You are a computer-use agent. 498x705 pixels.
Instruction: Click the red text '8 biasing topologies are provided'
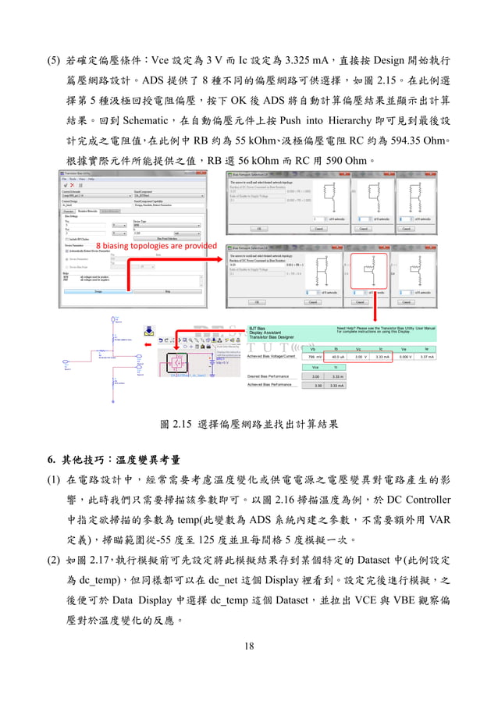(x=156, y=244)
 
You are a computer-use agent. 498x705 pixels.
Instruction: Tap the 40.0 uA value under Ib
(x=336, y=357)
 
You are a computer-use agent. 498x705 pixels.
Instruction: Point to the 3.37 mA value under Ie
(x=428, y=357)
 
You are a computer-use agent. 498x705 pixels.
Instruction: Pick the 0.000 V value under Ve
(x=404, y=357)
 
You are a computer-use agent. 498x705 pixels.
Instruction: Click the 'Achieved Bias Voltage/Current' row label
(x=271, y=356)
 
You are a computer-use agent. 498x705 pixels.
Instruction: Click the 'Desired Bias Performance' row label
(x=269, y=376)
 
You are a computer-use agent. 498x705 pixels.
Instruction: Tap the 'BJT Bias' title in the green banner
(x=258, y=328)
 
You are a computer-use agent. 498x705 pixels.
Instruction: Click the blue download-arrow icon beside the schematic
(x=148, y=330)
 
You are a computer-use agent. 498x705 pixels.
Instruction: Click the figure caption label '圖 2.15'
(x=177, y=425)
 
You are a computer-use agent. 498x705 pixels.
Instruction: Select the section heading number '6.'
(x=51, y=458)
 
